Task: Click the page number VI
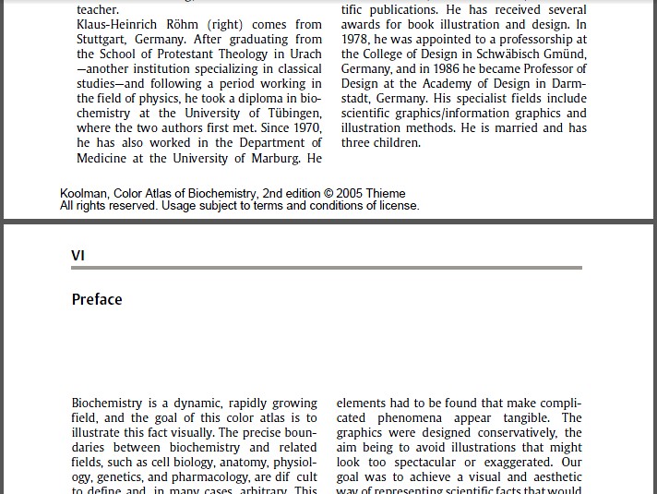coord(78,255)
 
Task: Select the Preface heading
coord(97,299)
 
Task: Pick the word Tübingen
coord(288,114)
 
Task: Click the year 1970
coord(304,128)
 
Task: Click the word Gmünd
coord(565,54)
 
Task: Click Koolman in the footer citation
coord(85,194)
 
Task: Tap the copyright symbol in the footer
coord(328,194)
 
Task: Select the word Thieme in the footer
coord(385,194)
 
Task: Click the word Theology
coord(243,54)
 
